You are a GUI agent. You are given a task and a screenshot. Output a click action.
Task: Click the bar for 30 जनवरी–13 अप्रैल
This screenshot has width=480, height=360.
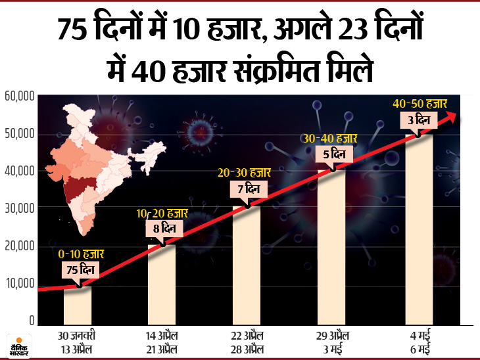pyautogui.click(x=78, y=305)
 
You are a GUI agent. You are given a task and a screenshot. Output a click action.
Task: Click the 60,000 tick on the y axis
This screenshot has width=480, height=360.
pyautogui.click(x=19, y=97)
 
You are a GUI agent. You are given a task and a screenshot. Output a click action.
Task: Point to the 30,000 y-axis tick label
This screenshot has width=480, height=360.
pyautogui.click(x=19, y=208)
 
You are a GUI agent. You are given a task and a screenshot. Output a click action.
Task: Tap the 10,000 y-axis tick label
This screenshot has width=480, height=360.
pyautogui.click(x=19, y=284)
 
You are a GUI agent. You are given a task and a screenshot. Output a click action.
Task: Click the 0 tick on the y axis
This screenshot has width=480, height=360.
pyautogui.click(x=30, y=321)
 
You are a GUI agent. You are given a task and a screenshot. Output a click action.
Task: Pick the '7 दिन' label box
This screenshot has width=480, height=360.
pyautogui.click(x=247, y=190)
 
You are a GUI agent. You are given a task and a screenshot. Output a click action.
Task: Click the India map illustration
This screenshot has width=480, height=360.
pyautogui.click(x=99, y=164)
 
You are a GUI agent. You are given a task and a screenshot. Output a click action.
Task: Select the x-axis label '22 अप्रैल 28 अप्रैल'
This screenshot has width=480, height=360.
pyautogui.click(x=247, y=342)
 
